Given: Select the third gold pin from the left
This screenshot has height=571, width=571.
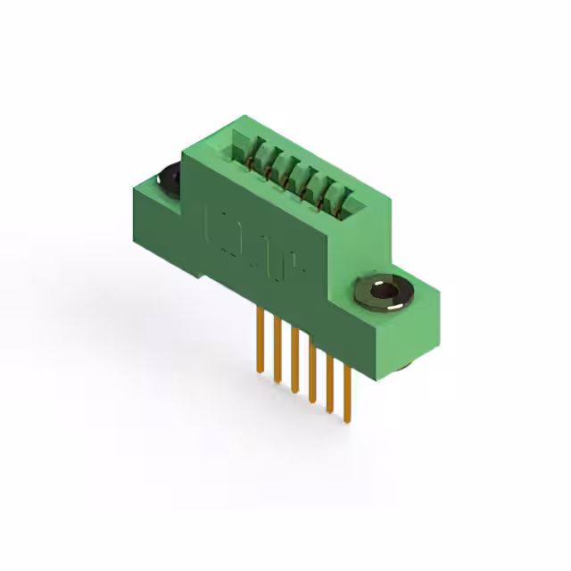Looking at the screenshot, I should [x=294, y=357].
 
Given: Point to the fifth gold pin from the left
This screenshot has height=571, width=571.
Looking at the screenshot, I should [x=329, y=378].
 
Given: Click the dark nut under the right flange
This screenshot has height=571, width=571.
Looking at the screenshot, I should [x=402, y=366].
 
